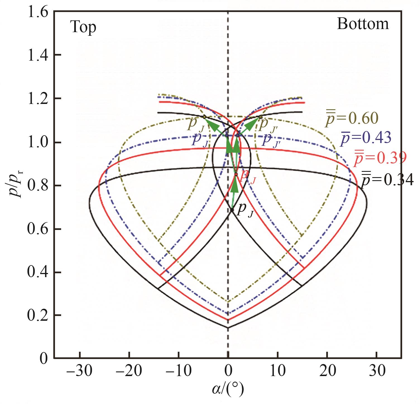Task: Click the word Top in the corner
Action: [83, 28]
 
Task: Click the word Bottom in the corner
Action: [363, 24]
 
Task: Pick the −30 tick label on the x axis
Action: [79, 371]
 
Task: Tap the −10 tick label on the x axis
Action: [178, 371]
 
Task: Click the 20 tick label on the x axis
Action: [327, 371]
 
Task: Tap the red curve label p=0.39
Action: [380, 158]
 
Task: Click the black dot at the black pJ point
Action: [232, 209]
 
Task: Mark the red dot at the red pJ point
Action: [236, 174]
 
